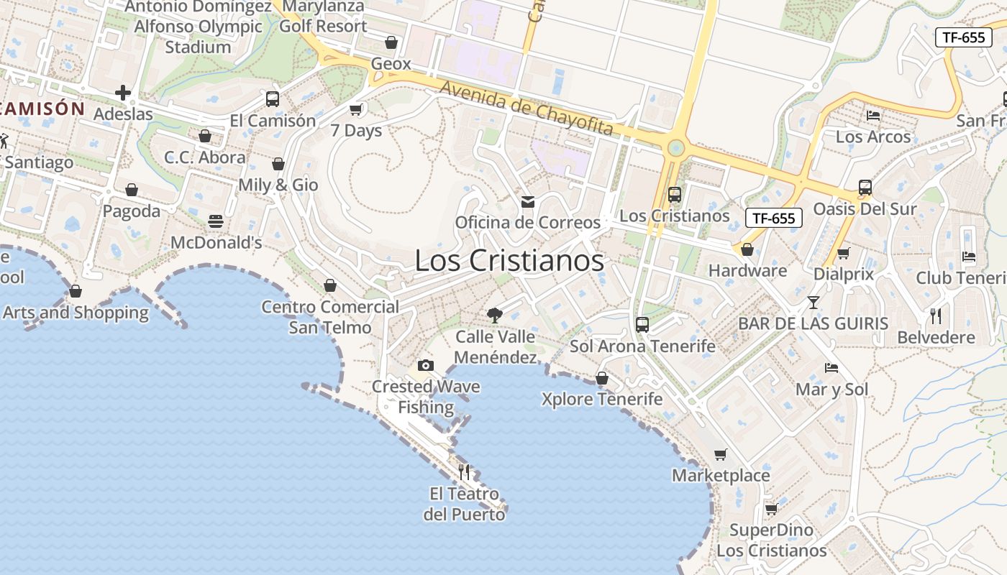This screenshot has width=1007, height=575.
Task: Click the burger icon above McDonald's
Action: coord(216,221)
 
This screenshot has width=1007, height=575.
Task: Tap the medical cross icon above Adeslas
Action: coord(123,93)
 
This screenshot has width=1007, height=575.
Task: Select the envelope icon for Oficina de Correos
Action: coord(528,202)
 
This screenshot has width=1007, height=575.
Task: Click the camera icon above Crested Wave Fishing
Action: coord(426,365)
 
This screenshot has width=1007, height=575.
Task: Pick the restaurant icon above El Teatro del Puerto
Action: coord(464,472)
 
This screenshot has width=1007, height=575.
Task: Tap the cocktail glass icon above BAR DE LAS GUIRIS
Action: coord(814,303)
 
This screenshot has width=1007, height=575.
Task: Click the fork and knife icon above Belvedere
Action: coord(936,316)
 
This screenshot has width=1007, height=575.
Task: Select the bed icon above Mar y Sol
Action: coord(831,368)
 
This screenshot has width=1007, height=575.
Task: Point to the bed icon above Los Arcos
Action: coord(873,115)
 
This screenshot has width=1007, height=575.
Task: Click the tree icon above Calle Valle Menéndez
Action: coord(495,314)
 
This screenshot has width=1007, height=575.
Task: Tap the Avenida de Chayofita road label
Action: coord(527,109)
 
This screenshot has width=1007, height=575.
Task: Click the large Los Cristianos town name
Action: coord(509,260)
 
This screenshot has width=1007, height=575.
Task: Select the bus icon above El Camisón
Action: coord(273,99)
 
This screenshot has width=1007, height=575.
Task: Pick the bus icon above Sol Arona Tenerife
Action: coord(642,325)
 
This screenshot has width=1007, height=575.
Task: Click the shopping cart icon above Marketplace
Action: coord(721,454)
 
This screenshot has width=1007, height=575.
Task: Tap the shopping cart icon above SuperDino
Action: coord(771,509)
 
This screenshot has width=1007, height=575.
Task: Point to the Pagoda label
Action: coord(132,211)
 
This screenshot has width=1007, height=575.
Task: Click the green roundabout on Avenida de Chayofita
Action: coord(675,148)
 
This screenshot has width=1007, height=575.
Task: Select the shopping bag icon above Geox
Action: coord(391,42)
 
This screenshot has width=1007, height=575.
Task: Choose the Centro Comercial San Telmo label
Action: coord(330,317)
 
